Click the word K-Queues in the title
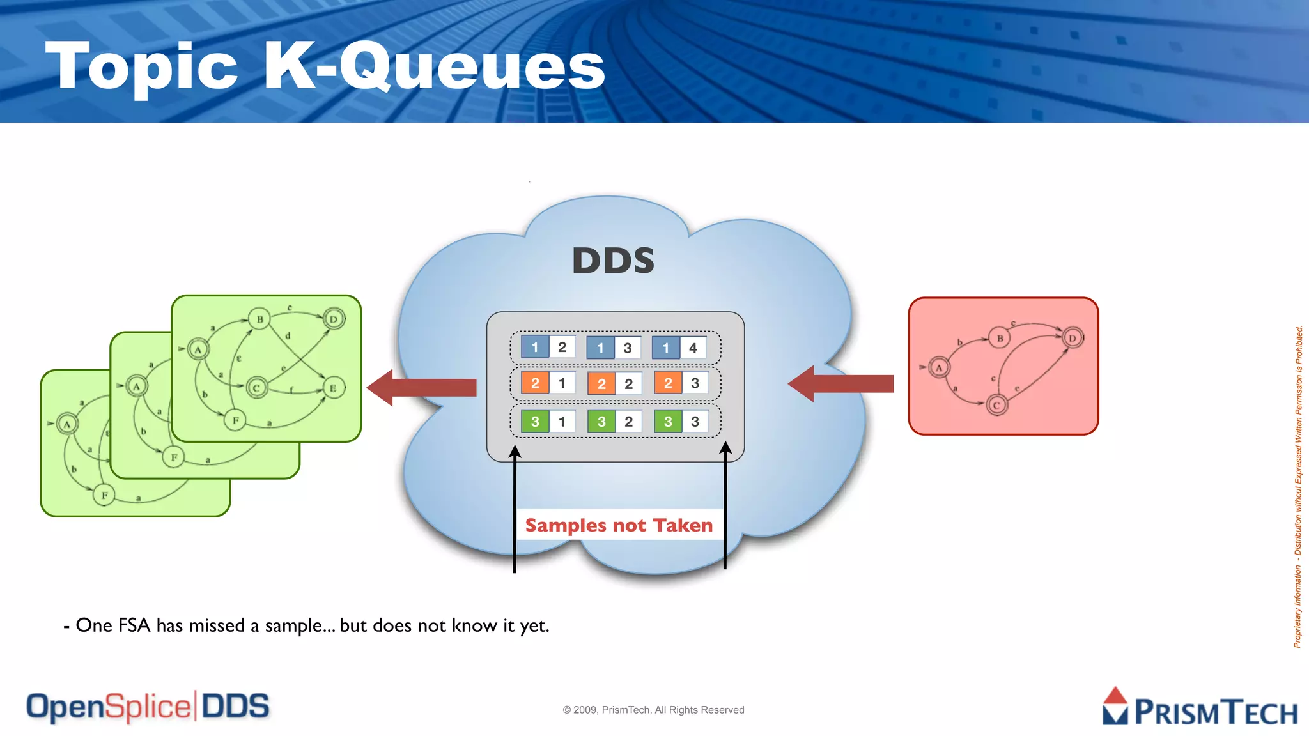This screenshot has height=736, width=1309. click(x=434, y=66)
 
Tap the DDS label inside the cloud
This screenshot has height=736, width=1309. click(x=613, y=261)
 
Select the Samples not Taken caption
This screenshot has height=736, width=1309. click(x=619, y=525)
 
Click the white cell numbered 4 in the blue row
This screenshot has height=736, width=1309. click(x=693, y=348)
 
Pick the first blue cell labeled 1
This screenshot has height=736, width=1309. click(x=535, y=348)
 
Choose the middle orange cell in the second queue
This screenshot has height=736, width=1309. click(x=601, y=384)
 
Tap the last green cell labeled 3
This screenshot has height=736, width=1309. click(x=668, y=422)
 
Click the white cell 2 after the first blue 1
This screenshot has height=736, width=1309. click(x=562, y=348)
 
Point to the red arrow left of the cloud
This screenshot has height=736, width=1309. click(x=422, y=387)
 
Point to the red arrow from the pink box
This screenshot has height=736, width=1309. click(x=841, y=383)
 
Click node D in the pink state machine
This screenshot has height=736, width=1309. click(x=1073, y=338)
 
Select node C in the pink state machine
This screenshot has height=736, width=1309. click(x=996, y=405)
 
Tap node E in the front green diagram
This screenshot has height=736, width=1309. click(x=332, y=388)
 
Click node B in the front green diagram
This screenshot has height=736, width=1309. click(x=259, y=319)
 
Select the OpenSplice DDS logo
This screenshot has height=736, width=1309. click(x=148, y=707)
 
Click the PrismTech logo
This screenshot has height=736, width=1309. click(x=1200, y=708)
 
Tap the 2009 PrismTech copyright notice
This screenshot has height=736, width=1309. click(x=653, y=710)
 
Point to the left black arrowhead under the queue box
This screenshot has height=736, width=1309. click(x=515, y=452)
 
